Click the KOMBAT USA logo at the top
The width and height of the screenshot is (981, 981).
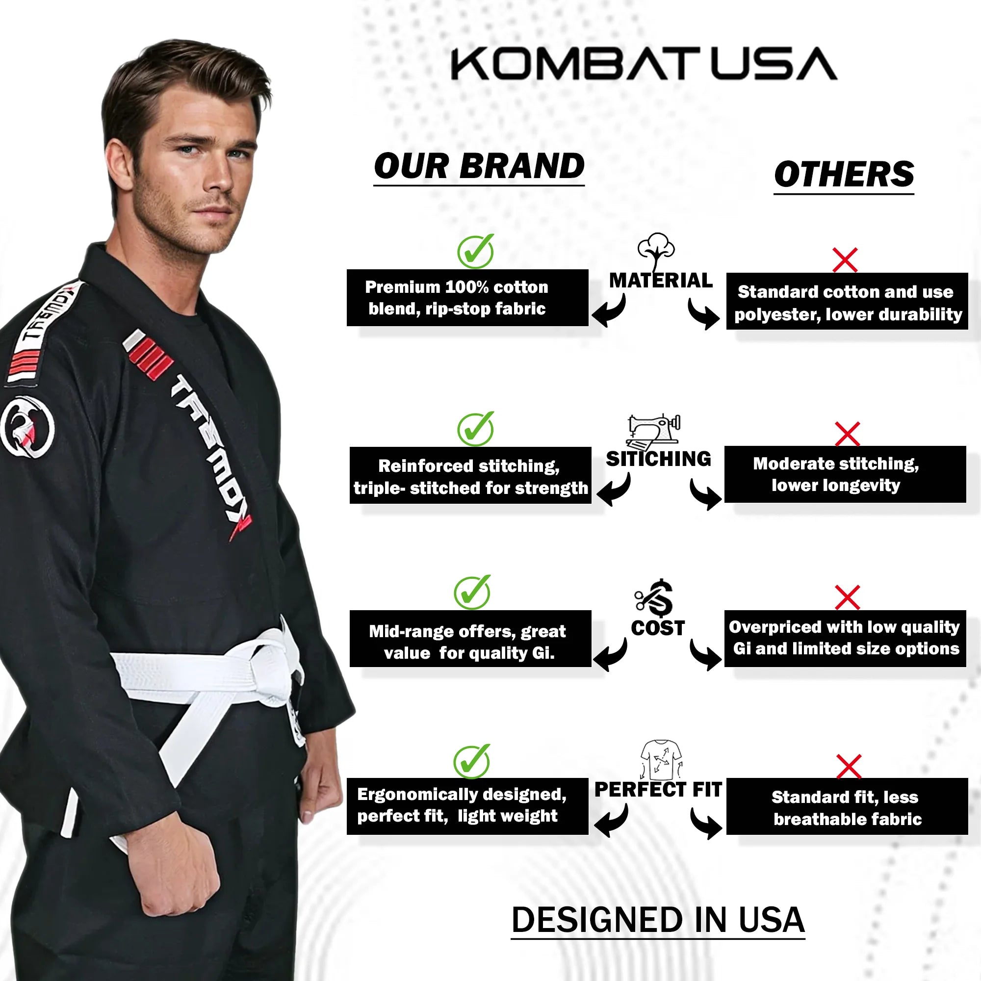[644, 63]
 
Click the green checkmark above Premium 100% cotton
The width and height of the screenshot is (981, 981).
[476, 251]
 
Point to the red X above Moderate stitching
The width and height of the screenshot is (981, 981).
[848, 434]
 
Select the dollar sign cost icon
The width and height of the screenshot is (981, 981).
[654, 598]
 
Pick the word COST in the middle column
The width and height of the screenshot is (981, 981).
[658, 628]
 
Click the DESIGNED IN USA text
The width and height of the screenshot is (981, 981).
[658, 920]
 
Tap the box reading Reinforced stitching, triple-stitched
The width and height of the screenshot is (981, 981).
[470, 475]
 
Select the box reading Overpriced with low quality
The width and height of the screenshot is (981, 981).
[845, 638]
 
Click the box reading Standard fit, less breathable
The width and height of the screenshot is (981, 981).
[847, 806]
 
